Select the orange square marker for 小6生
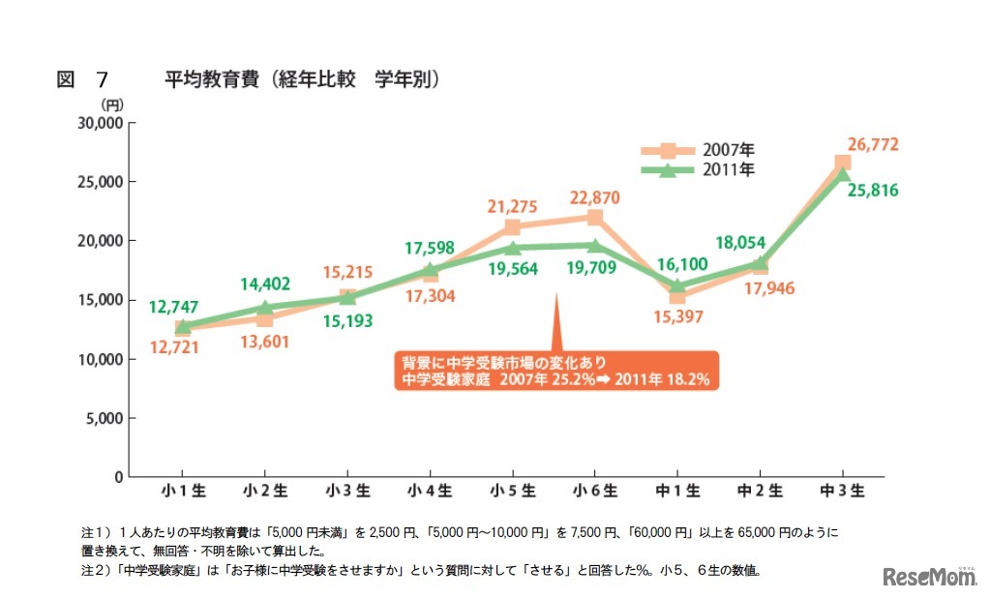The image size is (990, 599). (x=595, y=217)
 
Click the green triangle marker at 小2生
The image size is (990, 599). (x=266, y=307)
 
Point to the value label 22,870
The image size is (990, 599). (x=594, y=197)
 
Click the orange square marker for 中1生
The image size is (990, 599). (x=677, y=295)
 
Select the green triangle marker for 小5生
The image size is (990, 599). (x=513, y=248)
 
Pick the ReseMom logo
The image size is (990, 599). (x=929, y=577)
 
